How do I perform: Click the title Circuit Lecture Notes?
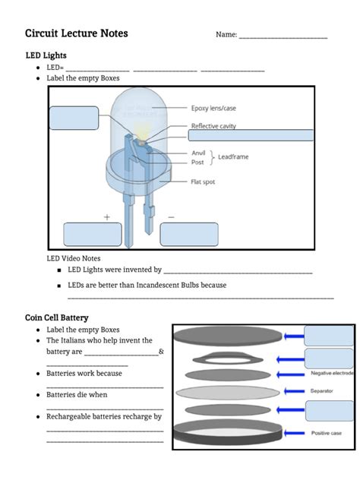pos(76,33)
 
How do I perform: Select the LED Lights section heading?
pos(46,55)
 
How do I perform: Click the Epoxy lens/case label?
pos(213,108)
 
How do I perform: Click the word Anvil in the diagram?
pos(198,153)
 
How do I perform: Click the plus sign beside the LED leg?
pos(107,216)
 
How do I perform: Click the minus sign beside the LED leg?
pos(171,216)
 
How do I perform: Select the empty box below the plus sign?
pos(93,235)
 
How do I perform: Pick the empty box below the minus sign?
pos(189,235)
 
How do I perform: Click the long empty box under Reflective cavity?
pos(251,135)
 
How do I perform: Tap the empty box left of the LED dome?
pos(74,118)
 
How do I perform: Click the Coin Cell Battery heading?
pos(57,317)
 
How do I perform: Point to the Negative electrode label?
pos(332,374)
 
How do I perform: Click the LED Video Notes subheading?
pos(74,258)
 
